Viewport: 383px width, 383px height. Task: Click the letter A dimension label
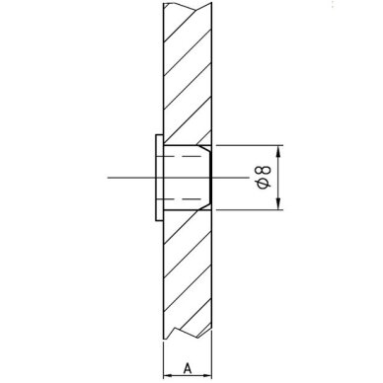(188, 368)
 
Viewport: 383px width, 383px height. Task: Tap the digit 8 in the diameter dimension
(264, 170)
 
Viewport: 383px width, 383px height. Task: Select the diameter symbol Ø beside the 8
(264, 184)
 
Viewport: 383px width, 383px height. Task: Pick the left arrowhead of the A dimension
(169, 375)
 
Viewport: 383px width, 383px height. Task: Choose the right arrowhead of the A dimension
(206, 375)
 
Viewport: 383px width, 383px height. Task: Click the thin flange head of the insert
(159, 178)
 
